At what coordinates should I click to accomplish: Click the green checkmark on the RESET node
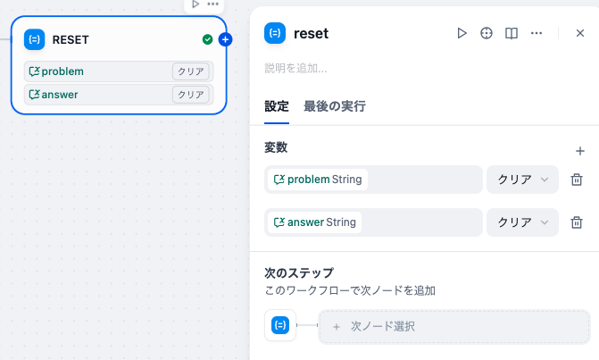pos(207,39)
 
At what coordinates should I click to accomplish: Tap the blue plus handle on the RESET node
pos(225,39)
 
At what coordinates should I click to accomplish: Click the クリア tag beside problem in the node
pos(191,71)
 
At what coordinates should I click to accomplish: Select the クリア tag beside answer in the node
pos(191,95)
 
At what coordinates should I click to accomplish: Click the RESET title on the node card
pos(71,39)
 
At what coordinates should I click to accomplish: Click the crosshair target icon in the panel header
pos(487,33)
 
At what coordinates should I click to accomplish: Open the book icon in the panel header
pos(512,33)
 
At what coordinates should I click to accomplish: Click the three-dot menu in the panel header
pos(537,33)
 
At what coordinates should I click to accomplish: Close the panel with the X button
pos(580,33)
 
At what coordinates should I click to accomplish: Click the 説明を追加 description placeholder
pos(295,69)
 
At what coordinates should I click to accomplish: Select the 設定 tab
pos(277,106)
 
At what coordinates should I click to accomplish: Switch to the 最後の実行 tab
pos(335,106)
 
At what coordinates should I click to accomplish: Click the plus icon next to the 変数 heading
pos(580,151)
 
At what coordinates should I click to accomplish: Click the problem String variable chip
pos(318,180)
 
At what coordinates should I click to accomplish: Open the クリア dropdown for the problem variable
pos(522,180)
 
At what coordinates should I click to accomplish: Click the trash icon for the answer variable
pos(577,222)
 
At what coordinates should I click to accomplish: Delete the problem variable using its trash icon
pos(577,180)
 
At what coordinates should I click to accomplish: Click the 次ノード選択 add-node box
pos(454,326)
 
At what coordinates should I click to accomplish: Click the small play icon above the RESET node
pos(196,4)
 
